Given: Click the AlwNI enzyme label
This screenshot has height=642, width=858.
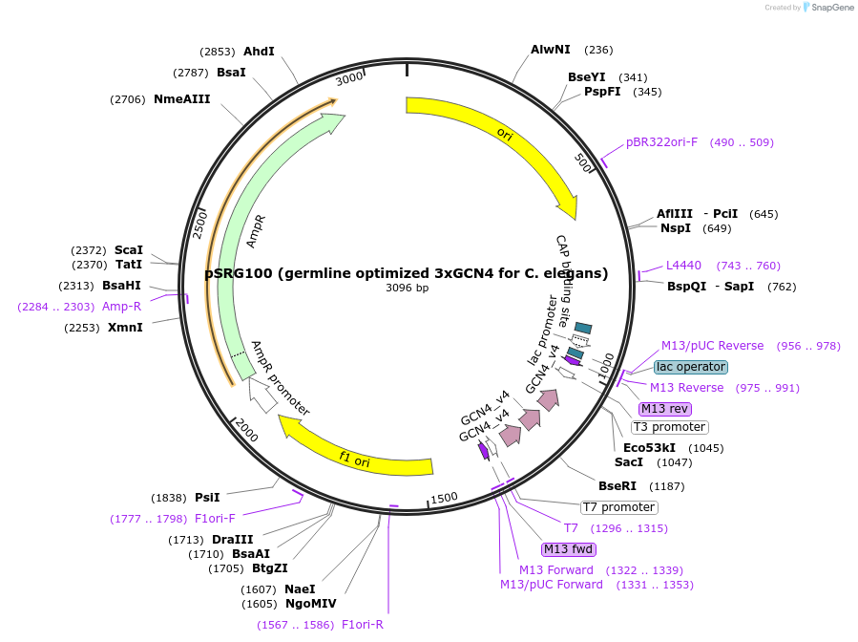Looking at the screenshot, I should [x=550, y=50].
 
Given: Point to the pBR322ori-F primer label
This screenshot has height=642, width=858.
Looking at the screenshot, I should [x=661, y=142].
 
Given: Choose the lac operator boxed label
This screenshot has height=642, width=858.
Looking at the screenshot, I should [x=691, y=367].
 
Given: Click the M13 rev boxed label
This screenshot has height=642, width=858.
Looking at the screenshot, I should [x=665, y=409].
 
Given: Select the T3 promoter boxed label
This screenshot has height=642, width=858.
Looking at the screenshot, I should [x=669, y=427].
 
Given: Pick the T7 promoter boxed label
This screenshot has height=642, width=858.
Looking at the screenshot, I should [x=619, y=507].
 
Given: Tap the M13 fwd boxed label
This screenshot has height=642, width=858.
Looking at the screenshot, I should [x=569, y=549].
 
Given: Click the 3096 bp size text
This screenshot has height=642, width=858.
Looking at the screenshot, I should [x=407, y=288].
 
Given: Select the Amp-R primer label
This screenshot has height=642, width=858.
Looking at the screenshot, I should [x=121, y=307].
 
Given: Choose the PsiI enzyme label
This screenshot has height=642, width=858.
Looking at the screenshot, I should [x=207, y=498].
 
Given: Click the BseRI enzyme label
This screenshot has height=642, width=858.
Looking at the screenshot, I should [x=616, y=486].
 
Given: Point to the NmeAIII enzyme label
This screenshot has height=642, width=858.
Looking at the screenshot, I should [x=181, y=99].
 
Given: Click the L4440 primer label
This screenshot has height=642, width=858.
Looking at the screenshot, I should [x=683, y=266].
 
